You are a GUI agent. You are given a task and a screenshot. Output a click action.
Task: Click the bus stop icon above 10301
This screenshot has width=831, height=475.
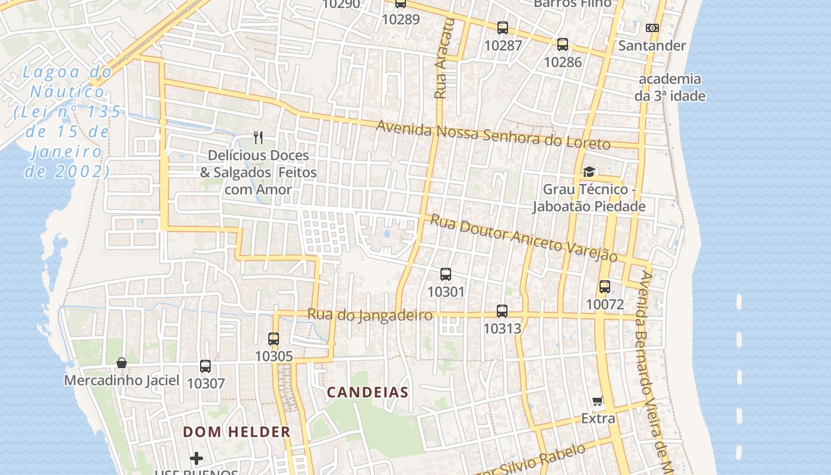pos(446,274)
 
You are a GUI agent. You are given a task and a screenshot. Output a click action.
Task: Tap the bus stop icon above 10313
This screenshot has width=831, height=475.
pos(502,311)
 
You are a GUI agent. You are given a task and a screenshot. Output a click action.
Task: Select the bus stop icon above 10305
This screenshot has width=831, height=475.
pos(274,339)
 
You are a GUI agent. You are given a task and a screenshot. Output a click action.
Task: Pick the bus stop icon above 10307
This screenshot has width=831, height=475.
pos(205,366)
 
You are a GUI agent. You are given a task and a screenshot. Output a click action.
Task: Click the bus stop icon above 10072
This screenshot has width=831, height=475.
pos(605,287)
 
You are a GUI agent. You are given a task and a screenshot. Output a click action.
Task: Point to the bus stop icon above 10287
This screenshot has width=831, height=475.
pos(503,27)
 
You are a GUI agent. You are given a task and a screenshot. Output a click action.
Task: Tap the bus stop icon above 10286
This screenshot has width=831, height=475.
pos(562,44)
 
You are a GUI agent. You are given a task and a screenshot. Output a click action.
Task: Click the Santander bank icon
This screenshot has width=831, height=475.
pos(652,28)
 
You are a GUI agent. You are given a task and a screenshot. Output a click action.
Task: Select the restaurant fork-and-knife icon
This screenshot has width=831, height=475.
pos(258,138)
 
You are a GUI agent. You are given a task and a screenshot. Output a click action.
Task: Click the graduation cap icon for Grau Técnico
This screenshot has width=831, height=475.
pos(589,172)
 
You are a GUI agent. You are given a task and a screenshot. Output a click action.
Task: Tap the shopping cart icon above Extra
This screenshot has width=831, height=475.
pos(598,401)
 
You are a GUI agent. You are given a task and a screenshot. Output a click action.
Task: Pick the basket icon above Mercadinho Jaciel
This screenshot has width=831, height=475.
pos(122,363)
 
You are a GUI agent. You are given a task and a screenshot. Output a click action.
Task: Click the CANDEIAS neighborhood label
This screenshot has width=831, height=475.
pos(368,392)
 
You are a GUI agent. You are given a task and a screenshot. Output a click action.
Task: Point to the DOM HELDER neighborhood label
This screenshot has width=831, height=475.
pos(237,432)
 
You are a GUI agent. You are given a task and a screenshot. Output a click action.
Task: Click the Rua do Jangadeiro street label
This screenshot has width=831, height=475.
pos(370,315)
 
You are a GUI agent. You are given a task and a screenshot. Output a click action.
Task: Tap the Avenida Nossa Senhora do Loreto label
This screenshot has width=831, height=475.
pos(493,136)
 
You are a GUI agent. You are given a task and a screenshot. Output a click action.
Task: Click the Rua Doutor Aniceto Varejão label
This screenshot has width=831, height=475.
pos(524,237)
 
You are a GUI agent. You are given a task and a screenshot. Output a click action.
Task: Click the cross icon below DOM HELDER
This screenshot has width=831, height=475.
pos(196,458)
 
